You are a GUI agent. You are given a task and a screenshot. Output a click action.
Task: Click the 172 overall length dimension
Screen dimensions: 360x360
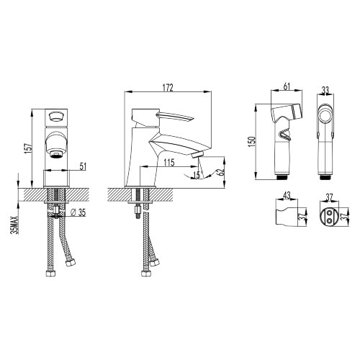168,88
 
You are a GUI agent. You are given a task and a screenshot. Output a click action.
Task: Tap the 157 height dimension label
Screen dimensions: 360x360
28,148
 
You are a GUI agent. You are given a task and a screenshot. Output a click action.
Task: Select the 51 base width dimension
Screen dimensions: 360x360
83,166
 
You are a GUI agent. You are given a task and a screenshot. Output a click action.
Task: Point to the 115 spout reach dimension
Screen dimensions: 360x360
169,163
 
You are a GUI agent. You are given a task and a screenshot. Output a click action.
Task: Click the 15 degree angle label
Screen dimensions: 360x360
197,175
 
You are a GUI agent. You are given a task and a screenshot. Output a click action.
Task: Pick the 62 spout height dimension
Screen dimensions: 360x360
220,172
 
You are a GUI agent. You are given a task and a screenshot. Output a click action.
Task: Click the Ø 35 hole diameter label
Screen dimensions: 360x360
78,212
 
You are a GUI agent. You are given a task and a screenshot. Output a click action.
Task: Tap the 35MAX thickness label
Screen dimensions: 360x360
15,225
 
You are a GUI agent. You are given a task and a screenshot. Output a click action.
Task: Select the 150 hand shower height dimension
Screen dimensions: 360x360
252,142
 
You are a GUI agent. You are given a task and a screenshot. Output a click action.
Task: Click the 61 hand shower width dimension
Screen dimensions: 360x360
287,86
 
